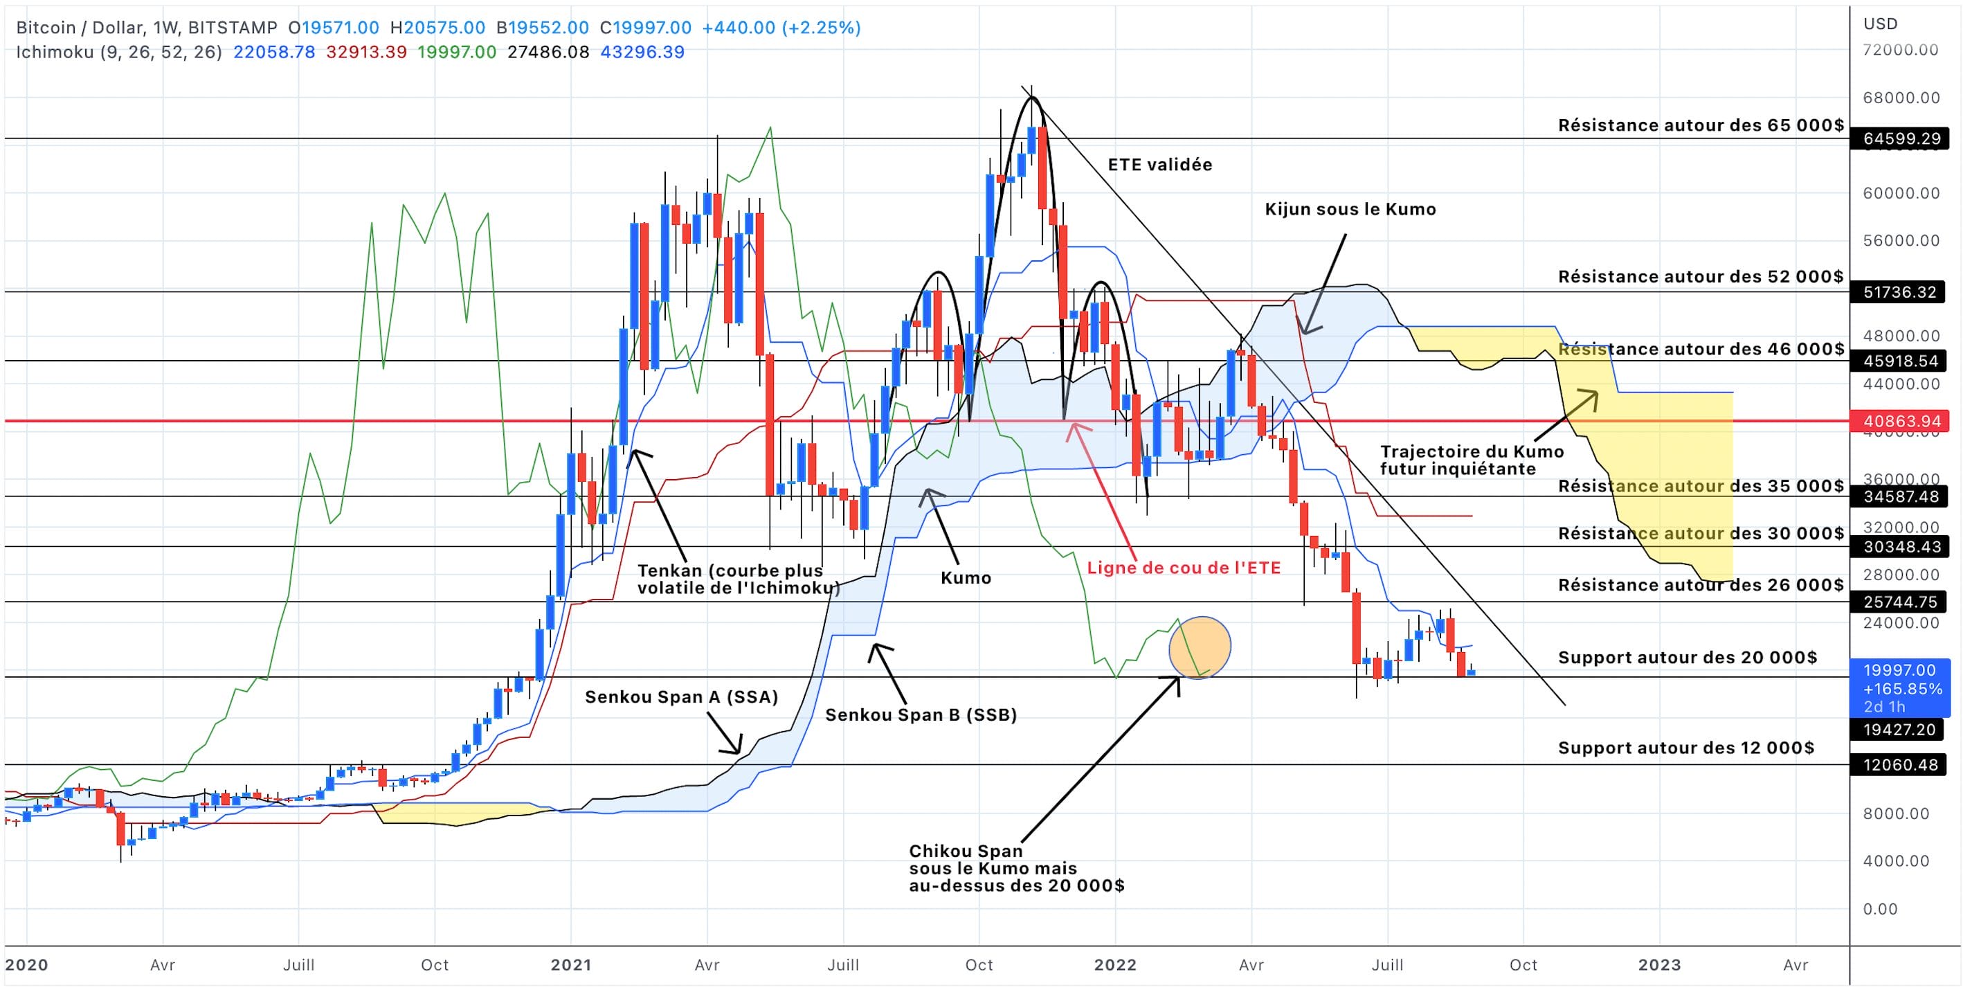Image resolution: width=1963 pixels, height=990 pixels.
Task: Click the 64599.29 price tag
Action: coord(1899,138)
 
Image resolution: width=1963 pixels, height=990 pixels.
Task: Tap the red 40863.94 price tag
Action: coord(1899,422)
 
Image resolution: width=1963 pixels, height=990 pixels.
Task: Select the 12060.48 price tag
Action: coord(1899,765)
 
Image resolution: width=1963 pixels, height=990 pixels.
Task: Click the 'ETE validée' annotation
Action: coord(1160,165)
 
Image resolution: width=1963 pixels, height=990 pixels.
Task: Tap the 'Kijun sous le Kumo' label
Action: coord(1350,210)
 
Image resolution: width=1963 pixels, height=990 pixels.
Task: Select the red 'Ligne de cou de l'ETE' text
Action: coord(1184,568)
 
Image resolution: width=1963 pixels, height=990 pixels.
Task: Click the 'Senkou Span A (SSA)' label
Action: coord(681,697)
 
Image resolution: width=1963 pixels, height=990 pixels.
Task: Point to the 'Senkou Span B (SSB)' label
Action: coord(921,715)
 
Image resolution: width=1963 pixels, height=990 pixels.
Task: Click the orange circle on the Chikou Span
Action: coord(1200,648)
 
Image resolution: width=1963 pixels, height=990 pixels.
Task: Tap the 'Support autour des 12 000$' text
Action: coord(1685,748)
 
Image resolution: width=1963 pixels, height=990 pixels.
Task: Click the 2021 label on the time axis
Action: coord(571,965)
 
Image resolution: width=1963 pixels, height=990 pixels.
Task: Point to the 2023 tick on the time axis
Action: coord(1659,965)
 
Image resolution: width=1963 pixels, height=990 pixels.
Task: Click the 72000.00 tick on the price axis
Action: coord(1901,51)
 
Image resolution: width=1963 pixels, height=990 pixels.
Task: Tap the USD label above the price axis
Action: coord(1881,24)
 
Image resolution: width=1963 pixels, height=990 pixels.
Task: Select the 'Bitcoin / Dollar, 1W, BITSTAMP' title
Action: coord(146,28)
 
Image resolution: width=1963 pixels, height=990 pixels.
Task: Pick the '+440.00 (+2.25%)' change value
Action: coord(781,28)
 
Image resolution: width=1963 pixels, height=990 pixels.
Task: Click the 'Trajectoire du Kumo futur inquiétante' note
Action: coord(1471,460)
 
